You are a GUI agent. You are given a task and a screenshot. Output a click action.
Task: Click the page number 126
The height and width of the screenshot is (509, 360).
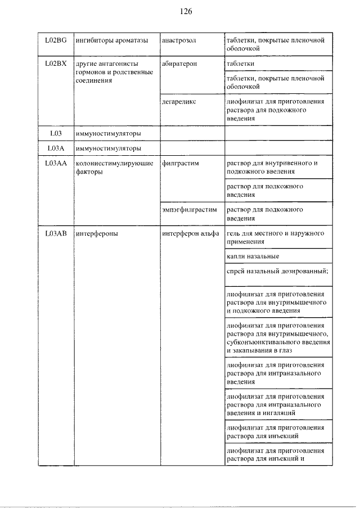pos(187,11)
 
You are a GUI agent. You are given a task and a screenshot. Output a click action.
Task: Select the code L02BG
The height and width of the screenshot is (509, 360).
pos(56,40)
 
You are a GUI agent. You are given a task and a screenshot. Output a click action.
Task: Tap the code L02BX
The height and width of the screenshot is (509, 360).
pos(56,64)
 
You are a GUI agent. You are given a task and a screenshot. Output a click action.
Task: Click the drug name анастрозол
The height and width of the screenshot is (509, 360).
pos(179,40)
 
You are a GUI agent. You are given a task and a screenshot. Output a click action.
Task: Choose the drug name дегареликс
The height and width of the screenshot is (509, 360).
pos(179,102)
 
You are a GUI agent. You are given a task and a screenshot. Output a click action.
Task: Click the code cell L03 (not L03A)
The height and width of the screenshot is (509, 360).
pos(55,133)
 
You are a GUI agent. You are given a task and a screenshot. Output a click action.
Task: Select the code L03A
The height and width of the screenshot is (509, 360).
pos(55,148)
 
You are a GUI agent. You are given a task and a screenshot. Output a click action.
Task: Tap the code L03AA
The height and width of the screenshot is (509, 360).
pos(55,163)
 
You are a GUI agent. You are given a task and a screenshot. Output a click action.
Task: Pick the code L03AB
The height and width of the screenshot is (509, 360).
pos(55,234)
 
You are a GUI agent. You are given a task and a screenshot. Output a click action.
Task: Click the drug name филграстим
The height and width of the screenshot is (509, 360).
pos(179,163)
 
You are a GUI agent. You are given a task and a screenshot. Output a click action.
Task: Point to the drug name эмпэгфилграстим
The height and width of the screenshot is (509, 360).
pos(189,210)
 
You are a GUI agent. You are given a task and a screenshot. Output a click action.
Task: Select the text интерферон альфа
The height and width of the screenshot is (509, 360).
pos(191,234)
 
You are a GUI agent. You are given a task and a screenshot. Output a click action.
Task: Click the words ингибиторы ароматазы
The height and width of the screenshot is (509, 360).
pos(112,40)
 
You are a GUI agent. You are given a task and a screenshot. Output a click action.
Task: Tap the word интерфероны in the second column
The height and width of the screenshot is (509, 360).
pos(96,234)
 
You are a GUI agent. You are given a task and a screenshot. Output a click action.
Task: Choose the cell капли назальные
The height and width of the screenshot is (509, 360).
pos(253,257)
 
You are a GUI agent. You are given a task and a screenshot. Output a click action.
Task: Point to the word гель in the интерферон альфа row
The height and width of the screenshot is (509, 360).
pos(233,234)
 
